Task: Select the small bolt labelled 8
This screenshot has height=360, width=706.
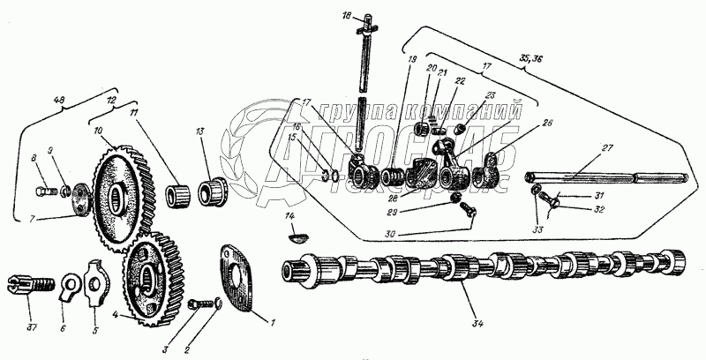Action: click(41, 187)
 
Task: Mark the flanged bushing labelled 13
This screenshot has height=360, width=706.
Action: click(214, 189)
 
